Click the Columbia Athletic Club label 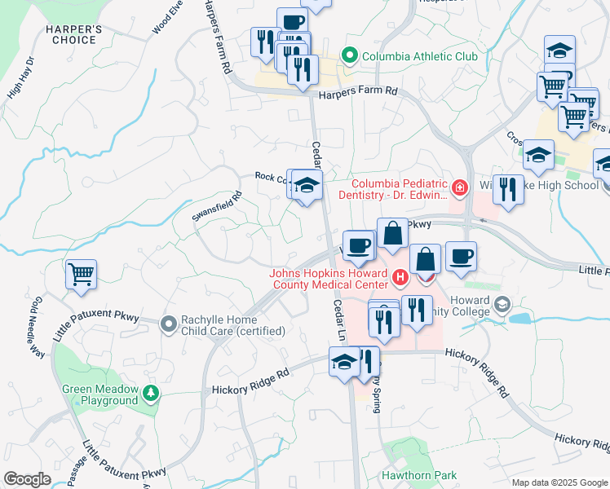click(419, 56)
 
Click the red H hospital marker click(400, 278)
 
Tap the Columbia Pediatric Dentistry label click(400, 189)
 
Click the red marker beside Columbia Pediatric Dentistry click(460, 189)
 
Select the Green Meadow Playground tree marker click(150, 394)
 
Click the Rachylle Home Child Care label click(234, 325)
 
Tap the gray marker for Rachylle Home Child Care click(169, 324)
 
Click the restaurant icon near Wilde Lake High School click(508, 189)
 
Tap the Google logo click(27, 479)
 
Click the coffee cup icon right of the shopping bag click(461, 258)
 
